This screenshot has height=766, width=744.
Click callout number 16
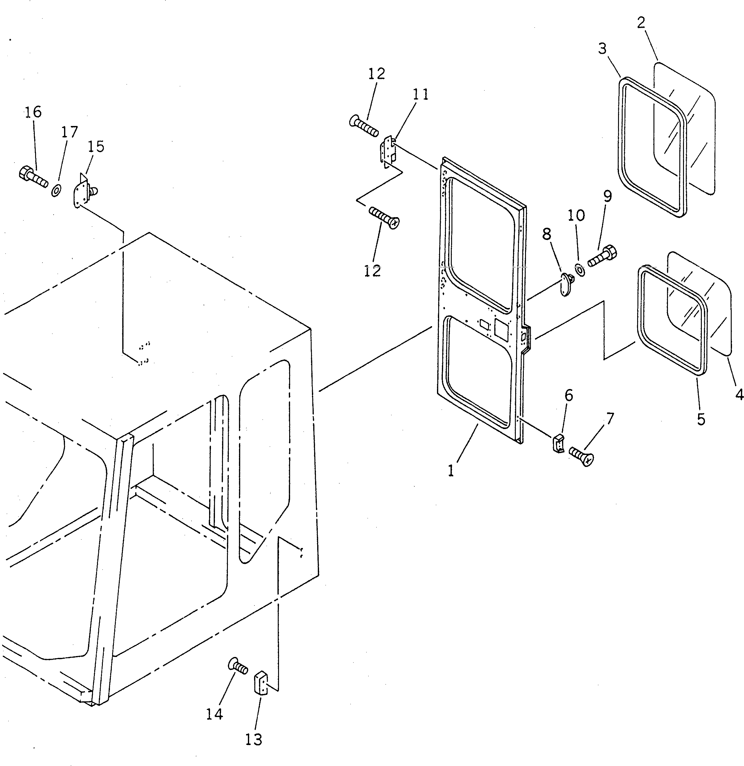coord(33,112)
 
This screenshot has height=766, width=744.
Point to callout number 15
coord(96,147)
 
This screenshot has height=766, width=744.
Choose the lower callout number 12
coord(372,270)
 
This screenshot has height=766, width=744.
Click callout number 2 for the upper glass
coord(641,23)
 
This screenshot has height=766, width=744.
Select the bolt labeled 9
coord(603,256)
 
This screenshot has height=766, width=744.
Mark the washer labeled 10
coord(580,270)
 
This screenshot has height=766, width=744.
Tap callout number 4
coord(738,395)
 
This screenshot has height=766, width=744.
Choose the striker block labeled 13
coord(261,682)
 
